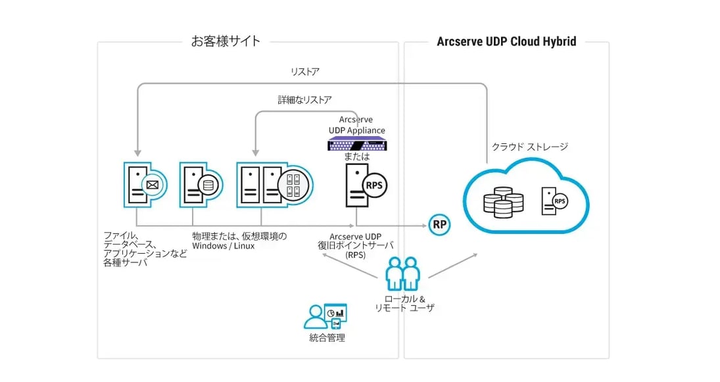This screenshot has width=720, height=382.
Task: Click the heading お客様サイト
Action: click(x=226, y=41)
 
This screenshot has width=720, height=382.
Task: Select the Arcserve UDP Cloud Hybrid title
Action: click(x=506, y=41)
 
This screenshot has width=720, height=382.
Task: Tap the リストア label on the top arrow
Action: click(x=305, y=71)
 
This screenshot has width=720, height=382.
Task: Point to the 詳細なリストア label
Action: click(x=304, y=100)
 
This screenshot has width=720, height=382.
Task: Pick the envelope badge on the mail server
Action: click(x=153, y=185)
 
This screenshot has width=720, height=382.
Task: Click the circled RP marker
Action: click(x=439, y=225)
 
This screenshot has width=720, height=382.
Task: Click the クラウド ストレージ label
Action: click(x=529, y=147)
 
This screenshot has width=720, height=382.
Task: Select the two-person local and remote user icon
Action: click(x=400, y=273)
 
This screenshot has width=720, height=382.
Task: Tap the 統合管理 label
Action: click(x=327, y=338)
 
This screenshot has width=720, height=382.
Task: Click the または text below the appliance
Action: click(x=357, y=157)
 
